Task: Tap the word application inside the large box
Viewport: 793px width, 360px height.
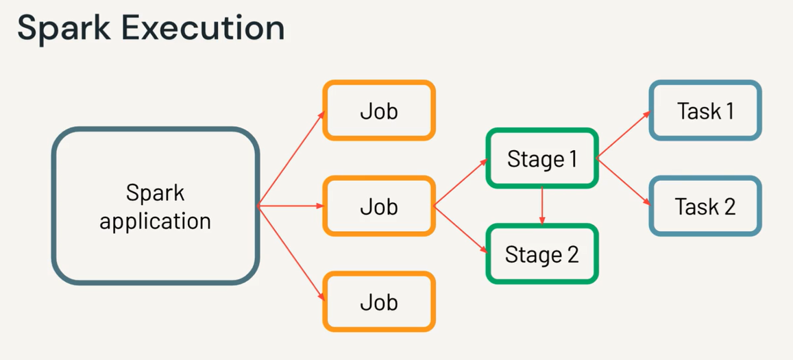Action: (155, 221)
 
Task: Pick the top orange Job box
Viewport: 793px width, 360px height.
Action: (379, 111)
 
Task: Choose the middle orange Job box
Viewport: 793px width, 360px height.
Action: (379, 206)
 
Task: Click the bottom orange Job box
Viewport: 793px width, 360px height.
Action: (379, 302)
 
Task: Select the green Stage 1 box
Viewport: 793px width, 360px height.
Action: (541, 158)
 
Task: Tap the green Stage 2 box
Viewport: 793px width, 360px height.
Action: (541, 254)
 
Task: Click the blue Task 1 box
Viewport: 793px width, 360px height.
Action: (705, 111)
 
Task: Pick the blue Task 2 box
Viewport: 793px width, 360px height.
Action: (705, 206)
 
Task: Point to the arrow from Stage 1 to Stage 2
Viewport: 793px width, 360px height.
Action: (542, 205)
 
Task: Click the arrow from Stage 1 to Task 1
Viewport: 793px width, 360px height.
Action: (623, 135)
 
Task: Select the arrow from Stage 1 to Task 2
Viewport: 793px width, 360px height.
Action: (623, 182)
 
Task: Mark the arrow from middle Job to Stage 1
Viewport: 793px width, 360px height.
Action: (461, 183)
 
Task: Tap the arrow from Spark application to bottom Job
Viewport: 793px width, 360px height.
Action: (291, 253)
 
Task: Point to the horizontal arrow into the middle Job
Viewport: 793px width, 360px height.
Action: (291, 206)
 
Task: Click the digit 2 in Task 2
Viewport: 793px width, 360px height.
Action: (728, 206)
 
